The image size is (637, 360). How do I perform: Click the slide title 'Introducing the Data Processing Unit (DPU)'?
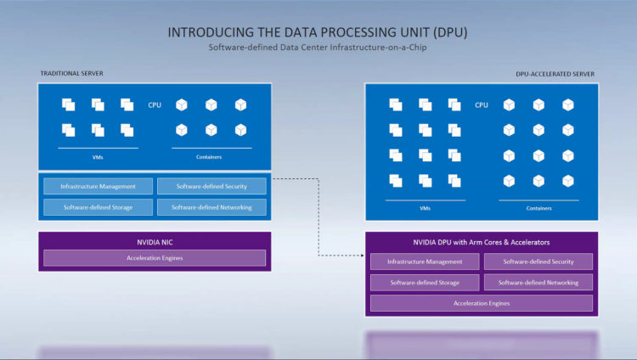click(x=318, y=32)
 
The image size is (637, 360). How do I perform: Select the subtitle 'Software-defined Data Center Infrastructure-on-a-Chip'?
click(x=318, y=48)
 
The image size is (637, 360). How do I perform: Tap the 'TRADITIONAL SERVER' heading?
click(x=71, y=74)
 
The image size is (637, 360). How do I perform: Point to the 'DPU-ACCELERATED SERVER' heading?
click(x=555, y=74)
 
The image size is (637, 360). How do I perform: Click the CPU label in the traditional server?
click(x=155, y=104)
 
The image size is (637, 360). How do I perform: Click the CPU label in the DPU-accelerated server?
click(x=482, y=104)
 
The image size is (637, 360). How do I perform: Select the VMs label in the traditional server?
click(x=98, y=156)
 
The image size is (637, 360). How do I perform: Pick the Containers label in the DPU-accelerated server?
click(x=538, y=208)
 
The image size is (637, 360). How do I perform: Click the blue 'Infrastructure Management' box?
click(x=98, y=186)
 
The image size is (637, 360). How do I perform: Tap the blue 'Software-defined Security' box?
click(x=211, y=186)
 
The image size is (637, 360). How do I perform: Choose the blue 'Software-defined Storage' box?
click(x=98, y=206)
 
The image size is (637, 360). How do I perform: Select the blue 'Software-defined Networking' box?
click(x=211, y=206)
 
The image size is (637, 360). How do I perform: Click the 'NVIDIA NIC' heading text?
click(x=155, y=242)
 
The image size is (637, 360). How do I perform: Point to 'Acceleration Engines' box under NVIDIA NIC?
click(x=155, y=257)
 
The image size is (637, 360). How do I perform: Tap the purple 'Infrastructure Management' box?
click(x=425, y=262)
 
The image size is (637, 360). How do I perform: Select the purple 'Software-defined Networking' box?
click(x=538, y=282)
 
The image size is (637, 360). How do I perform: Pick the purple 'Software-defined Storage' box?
click(x=425, y=282)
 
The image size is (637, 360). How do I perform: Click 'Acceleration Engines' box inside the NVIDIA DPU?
click(x=481, y=303)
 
